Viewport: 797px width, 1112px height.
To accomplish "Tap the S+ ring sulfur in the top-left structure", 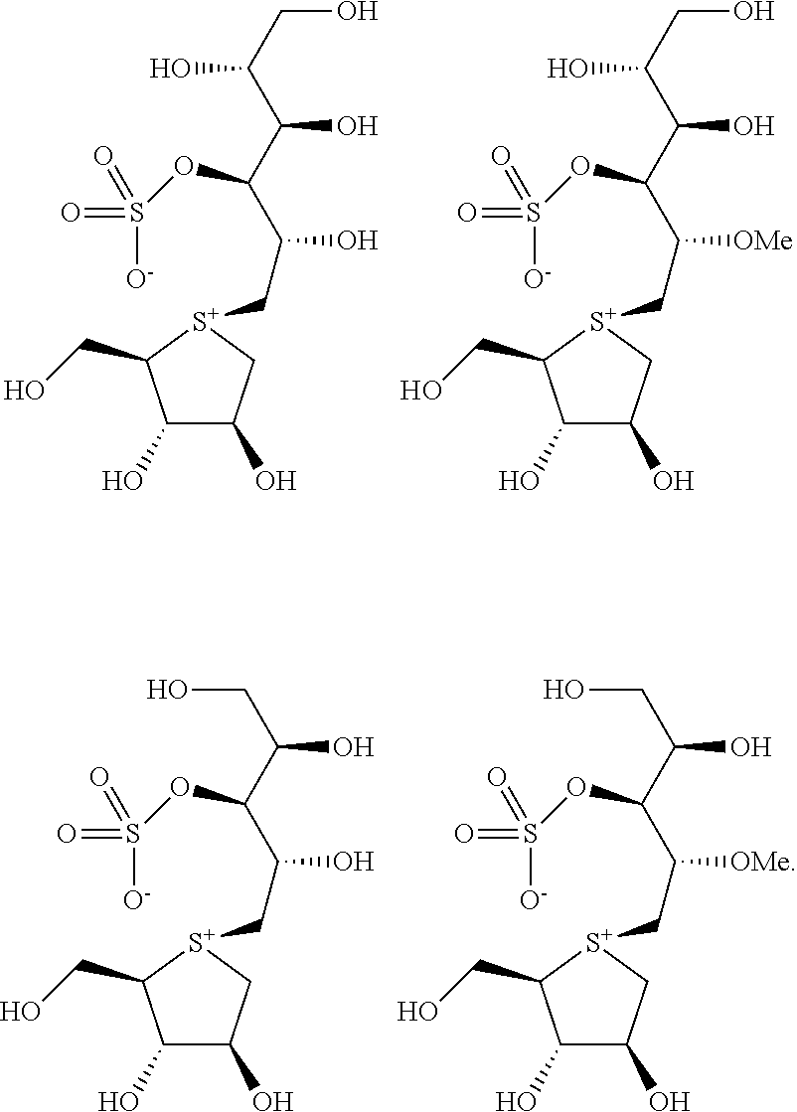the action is click(204, 321).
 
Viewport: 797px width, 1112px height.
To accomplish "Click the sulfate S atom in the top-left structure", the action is click(133, 213).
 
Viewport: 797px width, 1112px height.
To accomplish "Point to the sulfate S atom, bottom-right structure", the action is click(527, 835).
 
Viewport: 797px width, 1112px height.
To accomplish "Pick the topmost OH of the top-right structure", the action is click(751, 13).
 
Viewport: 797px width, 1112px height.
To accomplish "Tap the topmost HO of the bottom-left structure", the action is click(168, 690).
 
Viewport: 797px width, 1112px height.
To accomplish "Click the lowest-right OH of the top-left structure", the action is click(275, 483).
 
